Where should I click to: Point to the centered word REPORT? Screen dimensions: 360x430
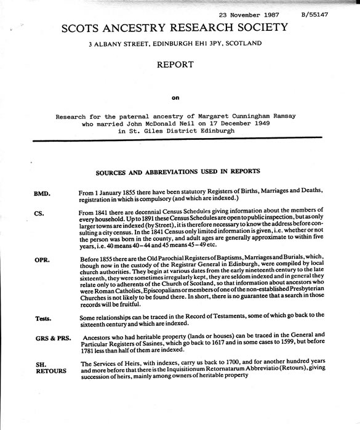[177, 64]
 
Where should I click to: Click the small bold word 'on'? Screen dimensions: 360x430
[177, 95]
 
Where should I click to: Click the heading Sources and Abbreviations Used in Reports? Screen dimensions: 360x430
[178, 171]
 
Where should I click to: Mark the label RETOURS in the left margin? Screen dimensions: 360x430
[49, 371]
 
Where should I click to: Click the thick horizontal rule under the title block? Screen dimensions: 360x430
[185, 140]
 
